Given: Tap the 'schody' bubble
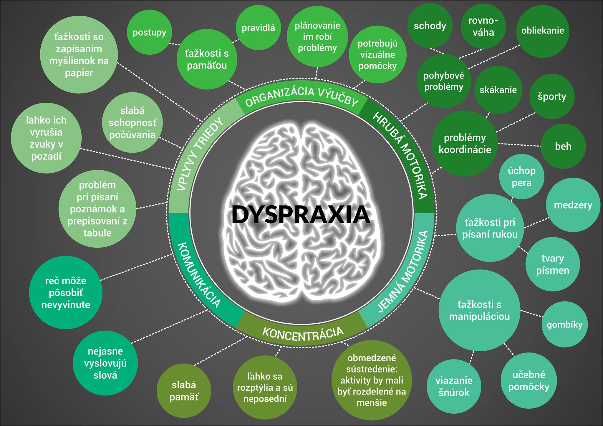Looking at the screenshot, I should tap(430, 26).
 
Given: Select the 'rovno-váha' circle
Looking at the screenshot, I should tap(483, 26).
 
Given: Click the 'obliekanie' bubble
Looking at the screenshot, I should tap(543, 31).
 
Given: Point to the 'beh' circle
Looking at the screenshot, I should tap(563, 146).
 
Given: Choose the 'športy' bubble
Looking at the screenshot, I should tap(552, 96).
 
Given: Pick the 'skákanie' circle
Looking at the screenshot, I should tap(498, 90).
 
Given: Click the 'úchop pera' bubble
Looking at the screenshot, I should tap(521, 177).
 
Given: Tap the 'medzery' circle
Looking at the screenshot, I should tap(573, 205).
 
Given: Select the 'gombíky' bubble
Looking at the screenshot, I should tap(564, 325).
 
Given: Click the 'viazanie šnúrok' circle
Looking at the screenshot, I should tap(454, 386).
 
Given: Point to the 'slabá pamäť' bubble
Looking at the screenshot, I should tap(184, 391).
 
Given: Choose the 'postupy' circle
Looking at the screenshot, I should tap(149, 32).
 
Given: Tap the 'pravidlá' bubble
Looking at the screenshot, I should tap(258, 28).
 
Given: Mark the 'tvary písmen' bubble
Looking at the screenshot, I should tap(553, 264).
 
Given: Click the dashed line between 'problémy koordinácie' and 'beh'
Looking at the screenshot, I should tap(519, 144).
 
